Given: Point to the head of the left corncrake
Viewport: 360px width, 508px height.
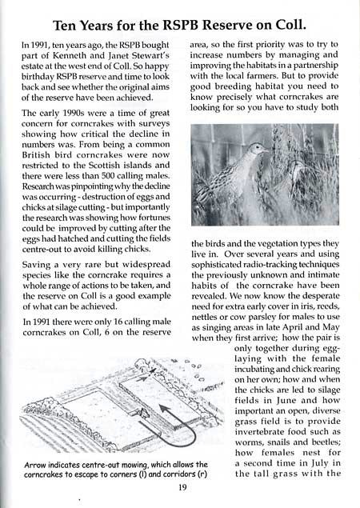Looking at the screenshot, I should point(257,149).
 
